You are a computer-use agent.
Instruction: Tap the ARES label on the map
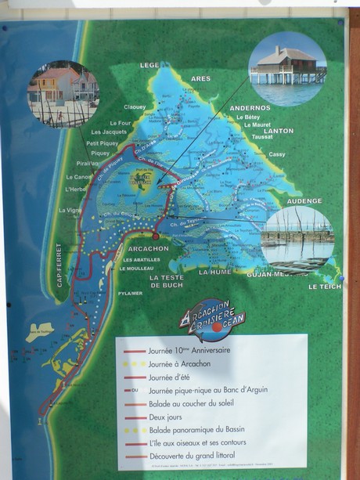point(200,78)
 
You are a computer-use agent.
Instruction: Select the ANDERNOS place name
point(250,107)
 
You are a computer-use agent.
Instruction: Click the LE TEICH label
point(323,287)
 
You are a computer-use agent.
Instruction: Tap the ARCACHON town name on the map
point(148,248)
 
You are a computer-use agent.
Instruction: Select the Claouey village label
point(135,106)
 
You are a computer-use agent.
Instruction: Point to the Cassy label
point(277,154)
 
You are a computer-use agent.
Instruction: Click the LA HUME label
point(215,272)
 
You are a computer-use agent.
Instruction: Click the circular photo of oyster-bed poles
point(297,239)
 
